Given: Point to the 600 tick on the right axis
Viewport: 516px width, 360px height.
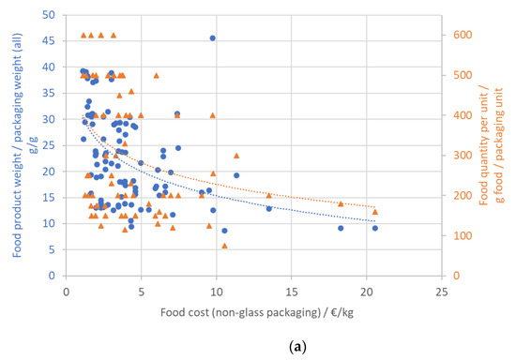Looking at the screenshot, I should (459, 36).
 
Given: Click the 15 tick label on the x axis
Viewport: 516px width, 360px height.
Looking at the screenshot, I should (292, 291).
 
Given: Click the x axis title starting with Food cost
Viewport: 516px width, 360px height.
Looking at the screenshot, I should (253, 310).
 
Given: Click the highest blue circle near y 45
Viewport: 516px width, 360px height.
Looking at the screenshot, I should (213, 38).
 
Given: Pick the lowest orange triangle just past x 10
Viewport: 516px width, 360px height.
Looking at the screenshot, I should (224, 246).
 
